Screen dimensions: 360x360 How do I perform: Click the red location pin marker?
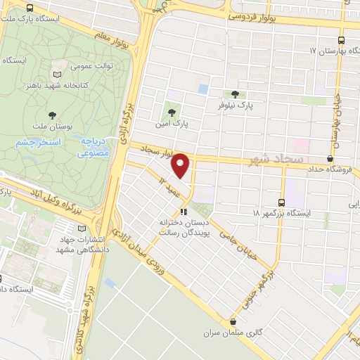click(181, 165)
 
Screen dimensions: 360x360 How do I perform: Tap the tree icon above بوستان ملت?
click(53, 115)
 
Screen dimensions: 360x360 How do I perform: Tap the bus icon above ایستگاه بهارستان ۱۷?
click(342, 41)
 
